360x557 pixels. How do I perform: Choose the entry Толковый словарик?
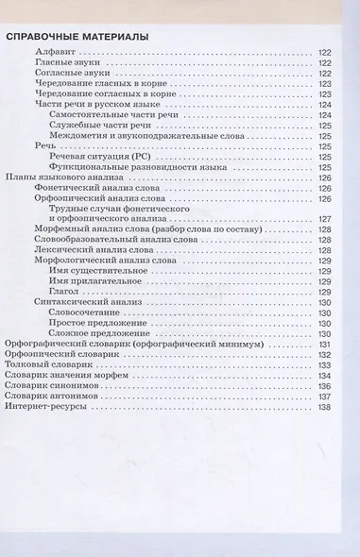pos(48,364)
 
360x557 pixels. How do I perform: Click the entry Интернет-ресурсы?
pos(50,406)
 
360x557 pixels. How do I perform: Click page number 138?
pos(325,406)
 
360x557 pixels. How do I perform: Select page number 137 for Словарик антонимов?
pos(325,396)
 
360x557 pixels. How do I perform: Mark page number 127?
pos(325,219)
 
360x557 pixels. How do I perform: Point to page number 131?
pos(325,344)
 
